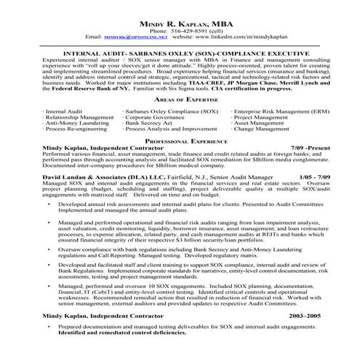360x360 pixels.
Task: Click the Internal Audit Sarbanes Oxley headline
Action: coord(180,54)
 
